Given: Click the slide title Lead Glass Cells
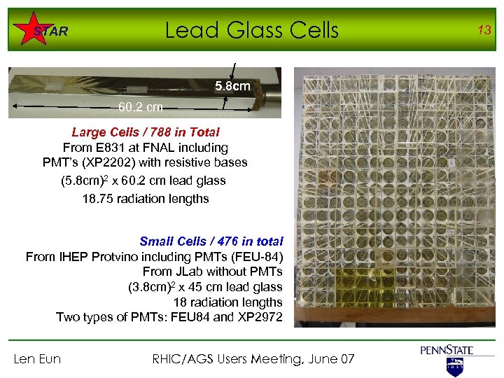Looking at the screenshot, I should point(251,30).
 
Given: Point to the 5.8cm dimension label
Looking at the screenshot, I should point(232,86).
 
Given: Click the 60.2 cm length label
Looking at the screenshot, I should point(141,107).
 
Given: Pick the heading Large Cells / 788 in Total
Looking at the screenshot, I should point(146,132).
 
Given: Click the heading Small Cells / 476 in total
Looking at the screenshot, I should point(211,241).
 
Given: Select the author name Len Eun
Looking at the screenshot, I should point(38,359).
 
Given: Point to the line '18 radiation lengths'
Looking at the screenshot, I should point(227,302).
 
